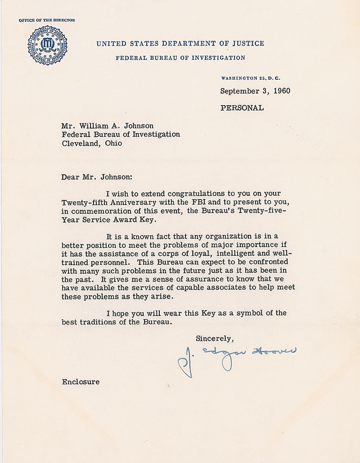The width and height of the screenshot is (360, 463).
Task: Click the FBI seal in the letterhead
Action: click(x=47, y=45)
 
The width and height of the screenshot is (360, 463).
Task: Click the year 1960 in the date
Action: click(x=280, y=91)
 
